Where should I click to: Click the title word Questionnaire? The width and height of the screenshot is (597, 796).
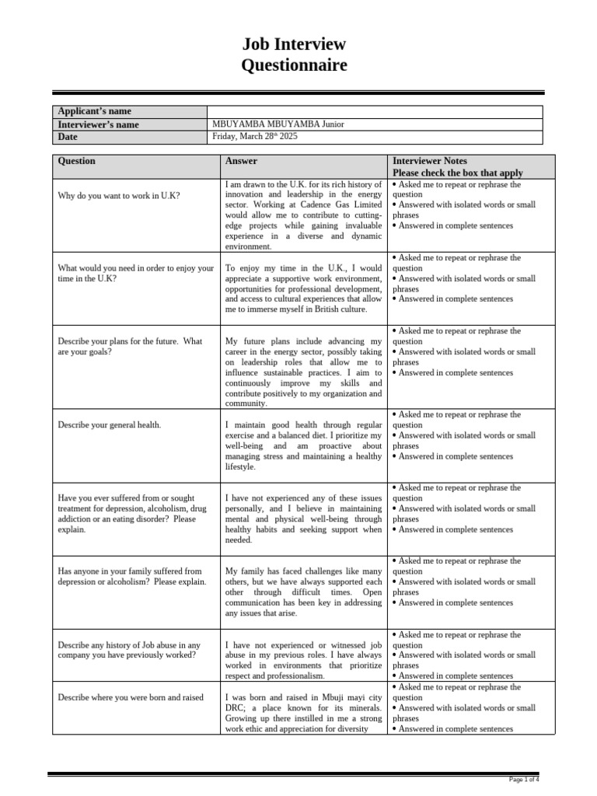294,65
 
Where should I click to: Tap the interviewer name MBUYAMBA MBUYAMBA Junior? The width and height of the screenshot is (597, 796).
278,124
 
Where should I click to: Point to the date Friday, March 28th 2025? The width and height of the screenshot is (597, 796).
255,137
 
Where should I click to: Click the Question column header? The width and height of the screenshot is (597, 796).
77,161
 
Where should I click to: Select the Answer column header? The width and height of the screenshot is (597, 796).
241,161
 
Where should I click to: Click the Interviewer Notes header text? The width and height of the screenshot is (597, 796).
430,161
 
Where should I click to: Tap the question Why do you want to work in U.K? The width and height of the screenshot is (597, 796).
118,195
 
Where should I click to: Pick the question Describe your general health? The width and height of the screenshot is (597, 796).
110,425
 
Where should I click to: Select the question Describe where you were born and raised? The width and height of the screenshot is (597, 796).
131,697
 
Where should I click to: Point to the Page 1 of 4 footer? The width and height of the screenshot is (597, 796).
524,779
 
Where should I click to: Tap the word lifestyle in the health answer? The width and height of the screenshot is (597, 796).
240,467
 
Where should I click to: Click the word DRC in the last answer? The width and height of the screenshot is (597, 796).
235,708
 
